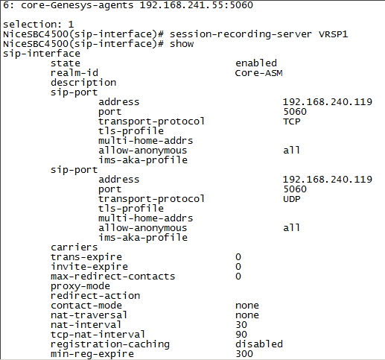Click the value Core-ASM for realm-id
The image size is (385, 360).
click(258, 73)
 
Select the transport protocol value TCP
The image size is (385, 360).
click(292, 121)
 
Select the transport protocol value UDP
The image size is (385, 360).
click(292, 199)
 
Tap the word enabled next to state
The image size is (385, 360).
click(256, 63)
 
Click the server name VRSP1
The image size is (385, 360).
click(333, 34)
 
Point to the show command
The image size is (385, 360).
click(182, 44)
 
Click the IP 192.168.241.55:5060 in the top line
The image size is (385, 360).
click(196, 5)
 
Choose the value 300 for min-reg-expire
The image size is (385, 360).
click(244, 354)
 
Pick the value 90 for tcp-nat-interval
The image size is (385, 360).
click(241, 335)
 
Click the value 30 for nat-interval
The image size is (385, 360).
click(241, 325)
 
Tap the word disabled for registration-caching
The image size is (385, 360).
click(259, 344)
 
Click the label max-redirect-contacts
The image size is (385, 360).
click(112, 277)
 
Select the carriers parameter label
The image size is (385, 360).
click(74, 247)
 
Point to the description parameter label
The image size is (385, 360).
click(83, 83)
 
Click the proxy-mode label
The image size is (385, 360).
click(80, 286)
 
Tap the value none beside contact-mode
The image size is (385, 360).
click(247, 306)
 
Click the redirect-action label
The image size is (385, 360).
click(95, 296)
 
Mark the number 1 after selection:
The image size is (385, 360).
click(71, 25)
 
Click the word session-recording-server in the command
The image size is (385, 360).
click(241, 34)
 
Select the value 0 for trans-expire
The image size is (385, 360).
click(238, 257)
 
